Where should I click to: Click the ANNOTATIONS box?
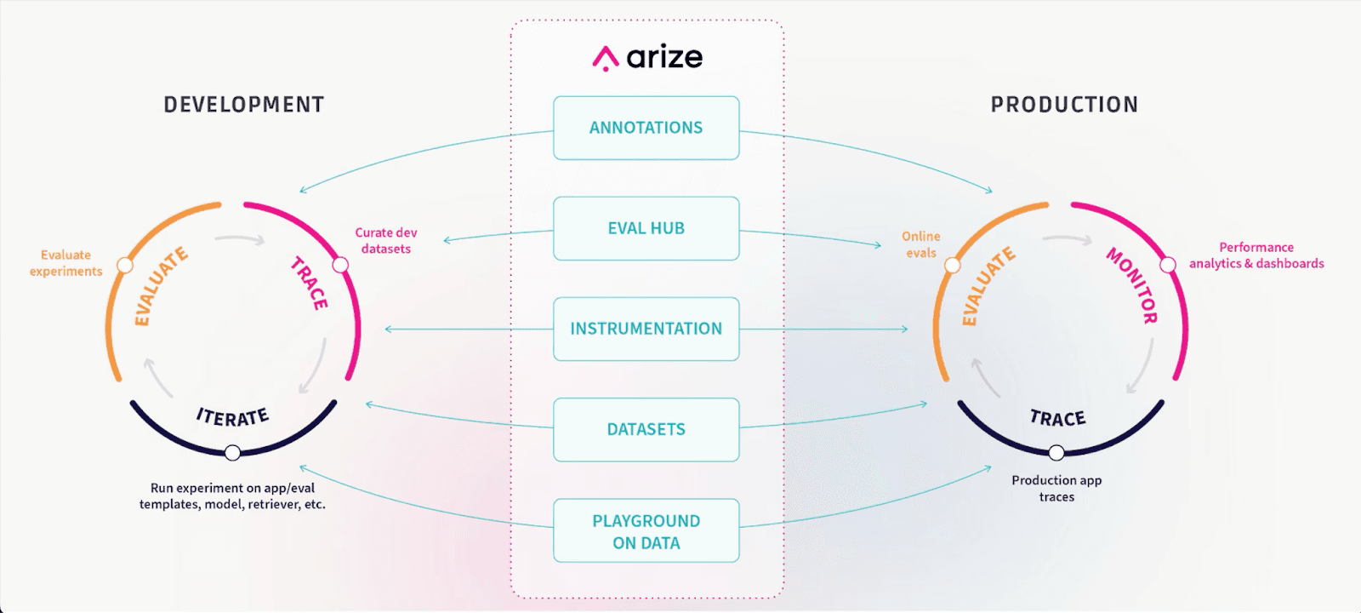[646, 128]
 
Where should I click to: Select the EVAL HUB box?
[646, 228]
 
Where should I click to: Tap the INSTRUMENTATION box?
[646, 329]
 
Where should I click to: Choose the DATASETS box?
[646, 429]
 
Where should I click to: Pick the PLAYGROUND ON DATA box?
[646, 531]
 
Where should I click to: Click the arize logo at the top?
[647, 58]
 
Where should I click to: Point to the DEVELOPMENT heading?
[244, 105]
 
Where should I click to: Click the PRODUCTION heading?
[1064, 105]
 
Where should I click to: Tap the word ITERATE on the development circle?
[232, 417]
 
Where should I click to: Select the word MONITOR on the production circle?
[1132, 284]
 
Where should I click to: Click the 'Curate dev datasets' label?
[386, 241]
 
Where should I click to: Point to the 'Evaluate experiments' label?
[66, 263]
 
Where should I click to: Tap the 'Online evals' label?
[921, 244]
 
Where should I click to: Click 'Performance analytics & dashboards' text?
[1256, 255]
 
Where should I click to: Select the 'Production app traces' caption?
[1056, 489]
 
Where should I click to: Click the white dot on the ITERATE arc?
[232, 453]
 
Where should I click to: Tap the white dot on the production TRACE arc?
[1056, 452]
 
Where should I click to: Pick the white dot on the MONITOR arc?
[1168, 266]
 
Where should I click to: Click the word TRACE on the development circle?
[309, 283]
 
